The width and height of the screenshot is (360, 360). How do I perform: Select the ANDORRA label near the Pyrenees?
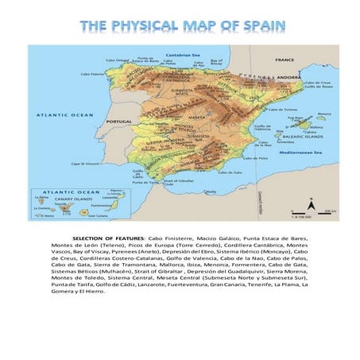288,77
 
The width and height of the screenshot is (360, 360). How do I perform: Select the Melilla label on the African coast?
211,192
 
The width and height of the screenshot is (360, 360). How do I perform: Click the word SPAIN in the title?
258,26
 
